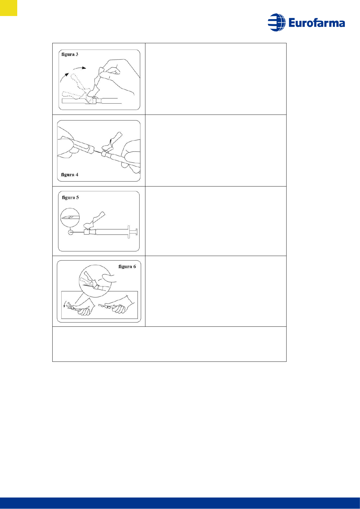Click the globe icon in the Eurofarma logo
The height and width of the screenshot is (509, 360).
pyautogui.click(x=276, y=22)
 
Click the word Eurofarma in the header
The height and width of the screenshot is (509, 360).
pyautogui.click(x=316, y=23)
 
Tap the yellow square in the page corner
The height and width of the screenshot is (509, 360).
pyautogui.click(x=8, y=8)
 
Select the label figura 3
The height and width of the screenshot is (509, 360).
pyautogui.click(x=70, y=54)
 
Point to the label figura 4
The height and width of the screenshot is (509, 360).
pyautogui.click(x=70, y=174)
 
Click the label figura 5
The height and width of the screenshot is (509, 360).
pyautogui.click(x=70, y=197)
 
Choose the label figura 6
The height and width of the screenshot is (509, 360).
pyautogui.click(x=127, y=266)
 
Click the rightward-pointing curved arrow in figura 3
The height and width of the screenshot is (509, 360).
pyautogui.click(x=80, y=67)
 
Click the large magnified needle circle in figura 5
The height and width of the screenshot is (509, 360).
pyautogui.click(x=70, y=217)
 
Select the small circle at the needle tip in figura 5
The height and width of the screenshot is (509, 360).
pyautogui.click(x=71, y=232)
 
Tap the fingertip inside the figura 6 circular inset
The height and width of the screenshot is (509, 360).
pyautogui.click(x=109, y=278)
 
